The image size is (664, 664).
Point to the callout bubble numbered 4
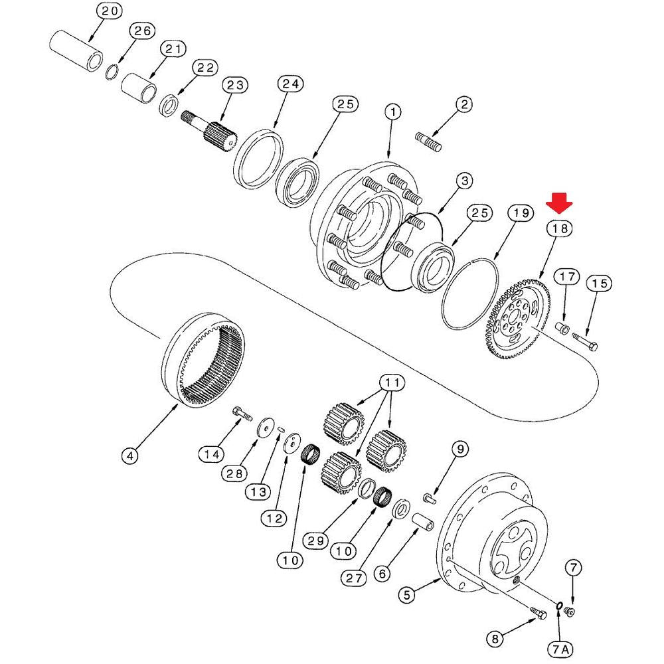point(131,456)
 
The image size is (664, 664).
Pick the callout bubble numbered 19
point(521,213)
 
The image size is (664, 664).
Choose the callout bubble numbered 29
point(315,540)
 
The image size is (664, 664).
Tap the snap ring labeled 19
point(471,292)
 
